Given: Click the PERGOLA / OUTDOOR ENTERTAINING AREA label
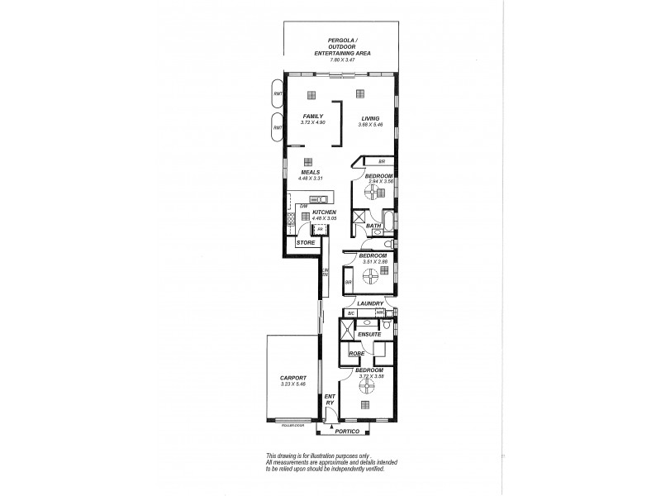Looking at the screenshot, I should [341, 47].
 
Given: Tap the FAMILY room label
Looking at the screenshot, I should [311, 117].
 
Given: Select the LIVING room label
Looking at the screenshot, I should [369, 117].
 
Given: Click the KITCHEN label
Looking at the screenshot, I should [324, 212].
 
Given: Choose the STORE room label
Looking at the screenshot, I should [306, 243].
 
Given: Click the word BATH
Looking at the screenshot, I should [373, 227].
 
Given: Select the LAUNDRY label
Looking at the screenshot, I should [370, 303].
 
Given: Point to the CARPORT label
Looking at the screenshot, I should [292, 379].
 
